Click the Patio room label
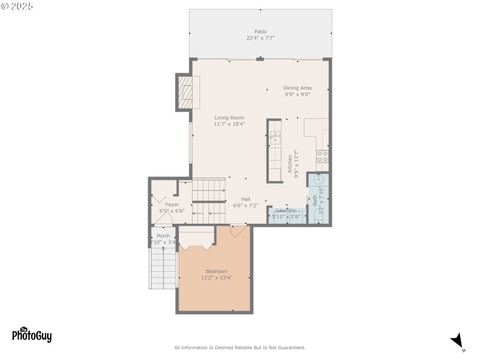pos(260,32)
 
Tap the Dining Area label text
pos(297,88)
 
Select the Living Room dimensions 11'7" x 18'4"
pos(229,124)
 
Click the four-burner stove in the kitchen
pos(323,156)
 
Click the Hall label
pos(246,199)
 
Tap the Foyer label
pos(172,205)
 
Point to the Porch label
pos(163,236)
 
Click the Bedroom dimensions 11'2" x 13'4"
pos(217,278)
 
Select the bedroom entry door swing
pos(238,230)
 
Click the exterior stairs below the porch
pos(163,268)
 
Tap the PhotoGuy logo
pos(32,334)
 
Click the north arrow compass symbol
pos(458,341)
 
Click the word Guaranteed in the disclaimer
pos(289,347)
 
